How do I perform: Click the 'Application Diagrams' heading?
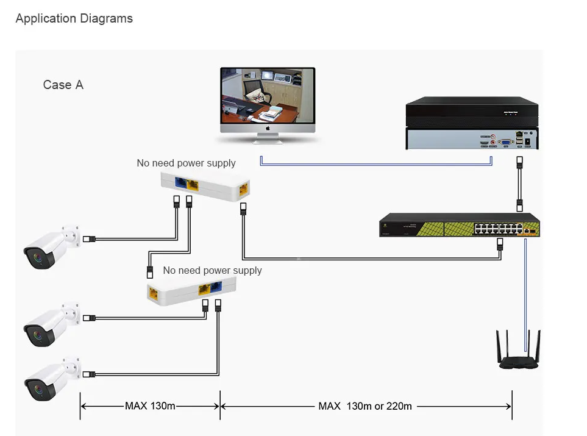(74, 18)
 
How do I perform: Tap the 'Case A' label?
(63, 85)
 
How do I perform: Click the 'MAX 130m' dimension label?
(150, 406)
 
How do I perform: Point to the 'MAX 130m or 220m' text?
(365, 406)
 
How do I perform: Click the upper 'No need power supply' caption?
(186, 163)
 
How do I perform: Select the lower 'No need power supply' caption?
(212, 270)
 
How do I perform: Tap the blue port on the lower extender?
(215, 287)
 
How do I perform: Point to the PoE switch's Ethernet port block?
(498, 229)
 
